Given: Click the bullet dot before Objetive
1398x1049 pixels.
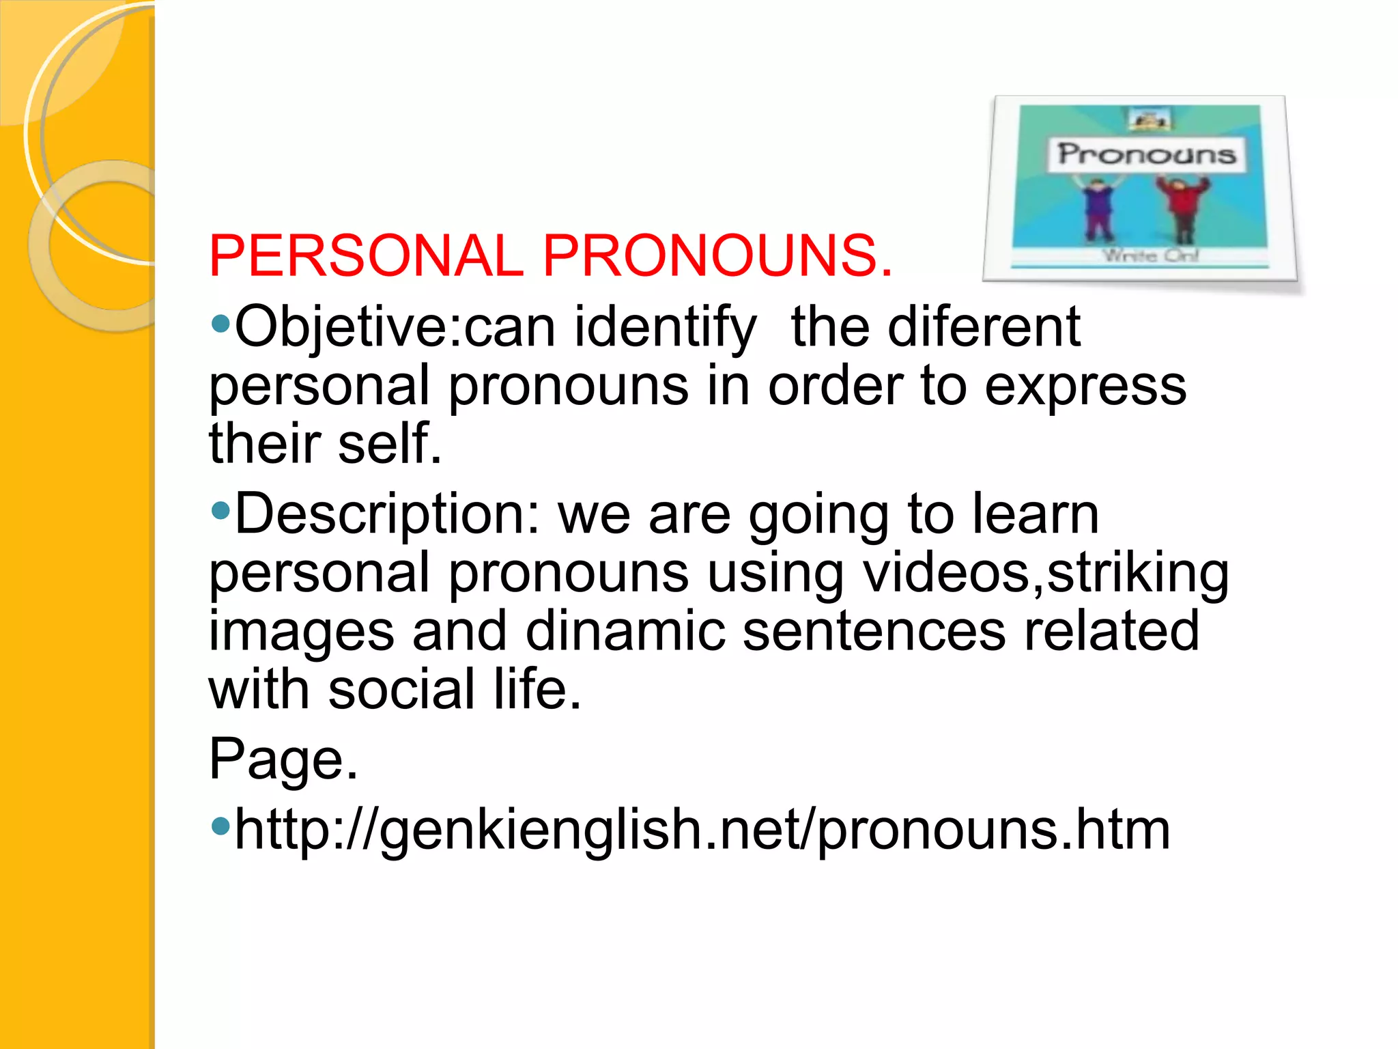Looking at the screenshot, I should (x=220, y=323).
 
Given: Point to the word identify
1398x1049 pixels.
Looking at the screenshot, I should (x=666, y=328).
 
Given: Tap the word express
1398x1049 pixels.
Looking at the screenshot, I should (x=1085, y=387).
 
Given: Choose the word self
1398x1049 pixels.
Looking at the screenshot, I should (x=389, y=444).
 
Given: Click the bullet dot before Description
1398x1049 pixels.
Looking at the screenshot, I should (x=220, y=509).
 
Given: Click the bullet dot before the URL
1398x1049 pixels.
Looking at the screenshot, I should (x=220, y=826).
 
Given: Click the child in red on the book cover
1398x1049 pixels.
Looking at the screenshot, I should (x=1183, y=208).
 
